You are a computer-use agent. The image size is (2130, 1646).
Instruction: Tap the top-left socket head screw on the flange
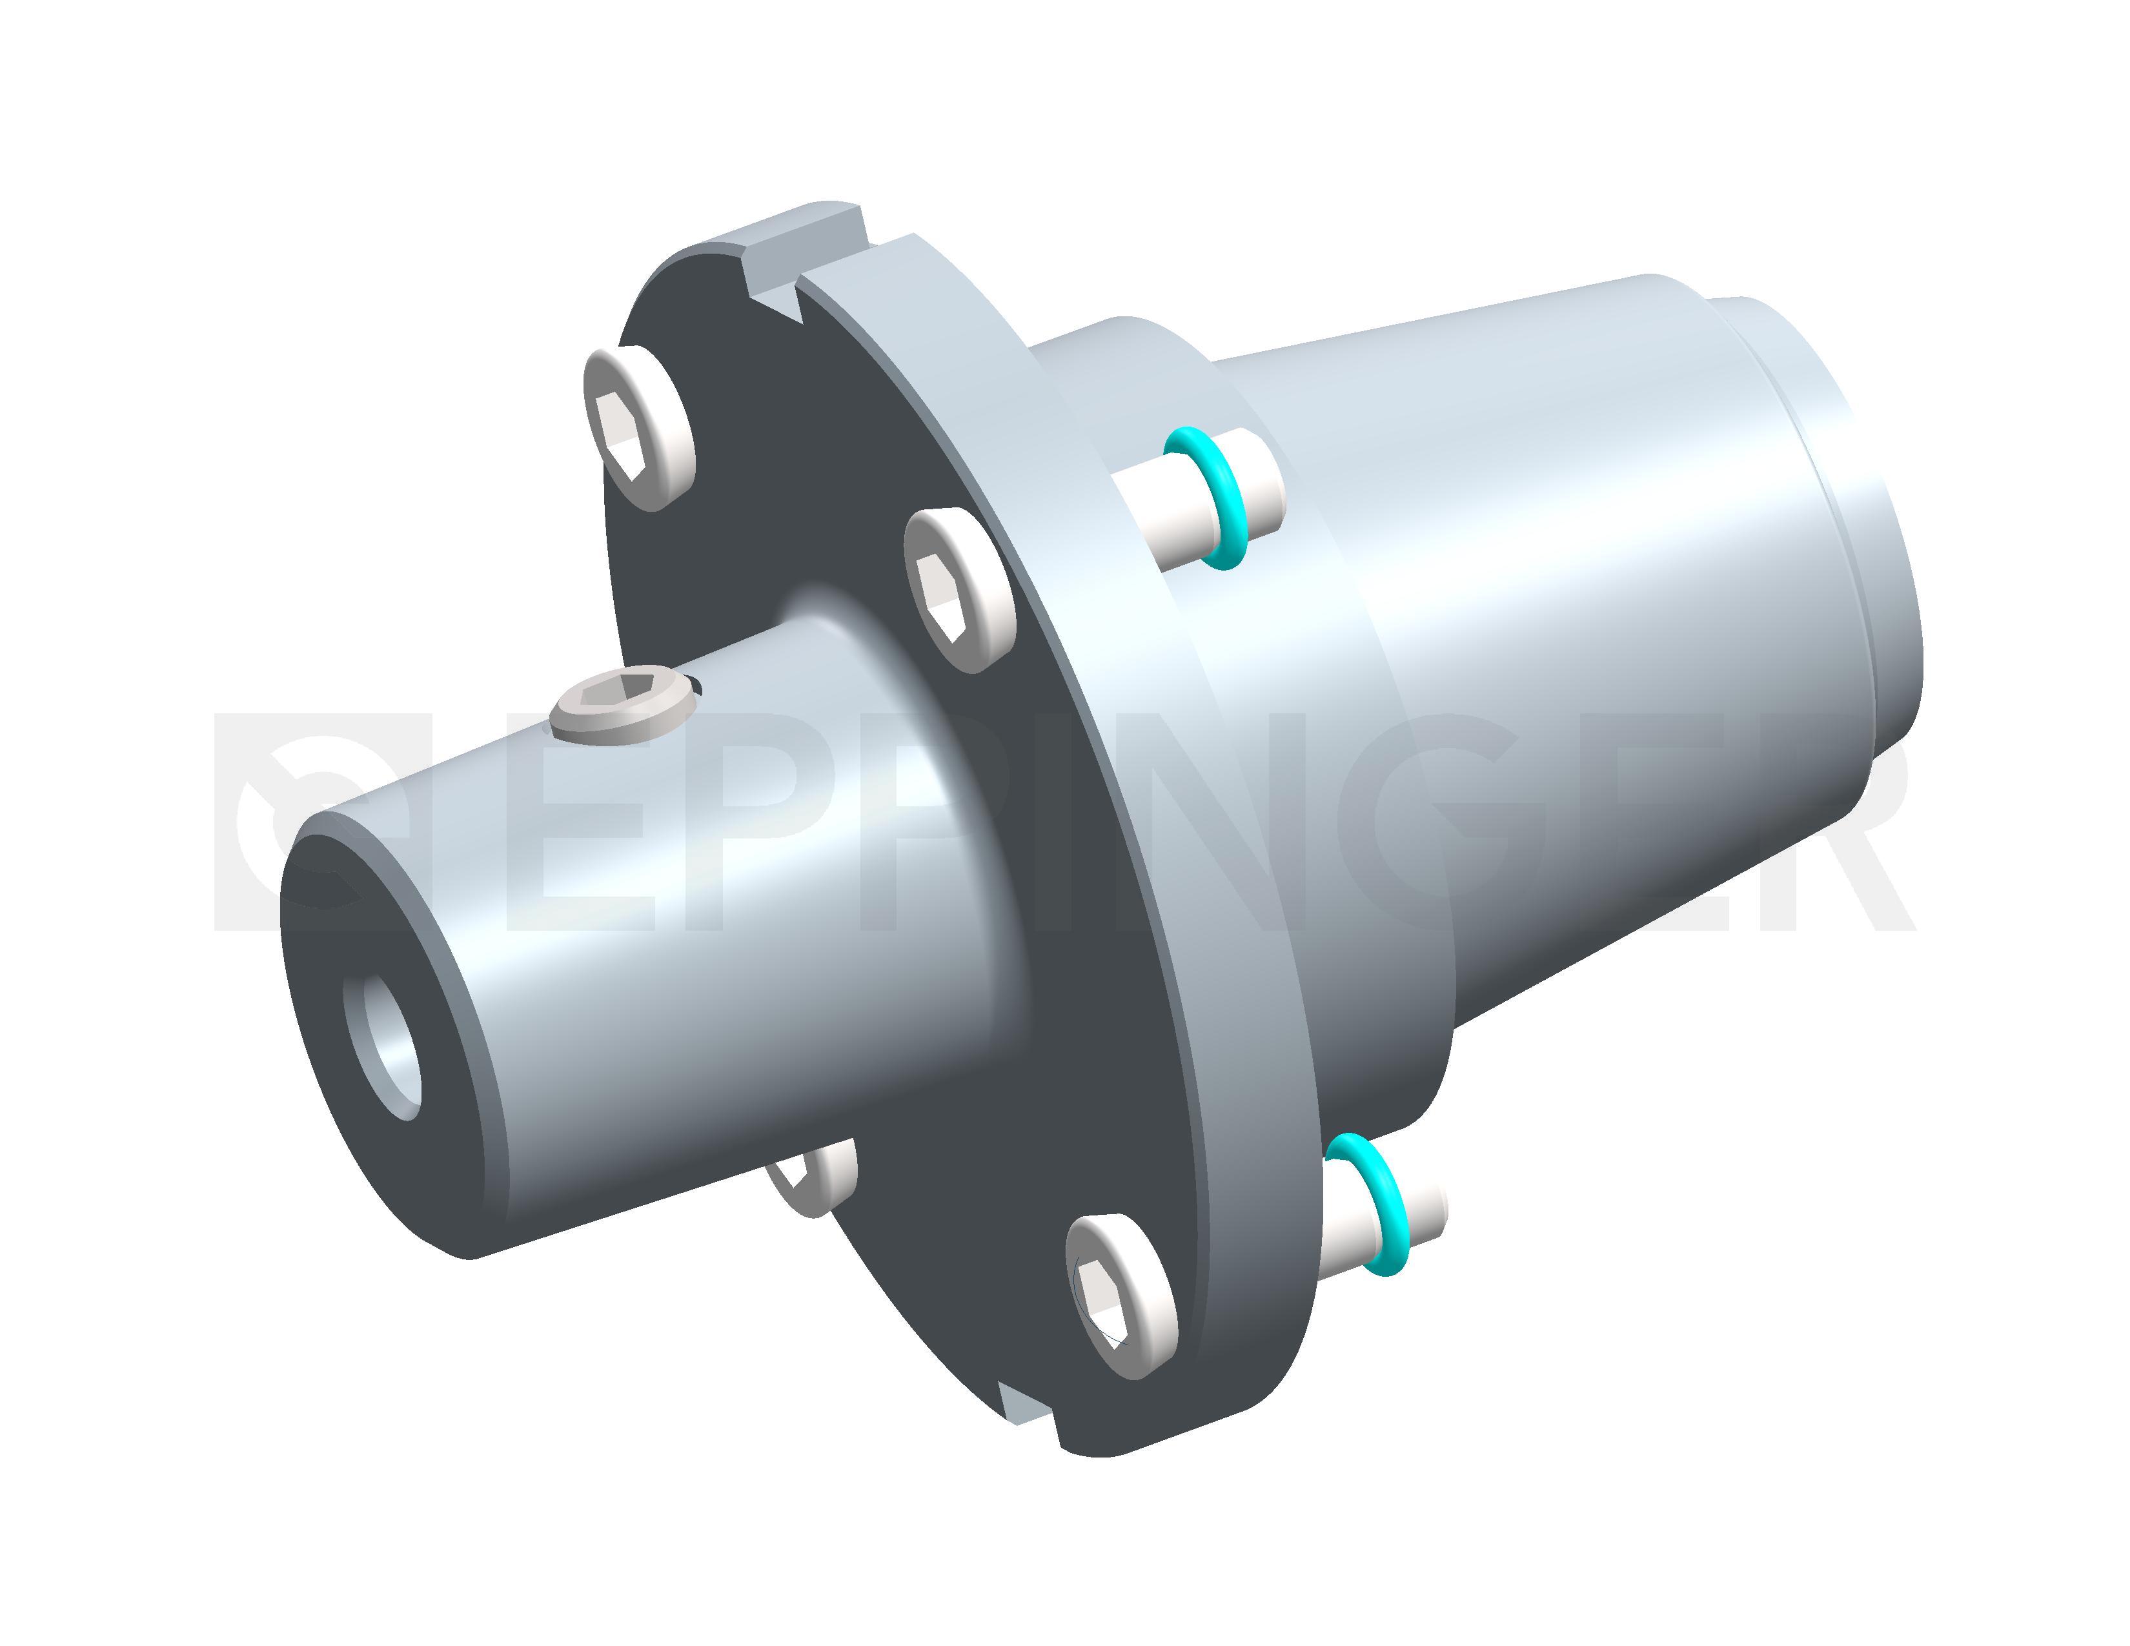tap(639, 427)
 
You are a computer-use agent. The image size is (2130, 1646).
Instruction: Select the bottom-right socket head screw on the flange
tap(1122, 1296)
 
